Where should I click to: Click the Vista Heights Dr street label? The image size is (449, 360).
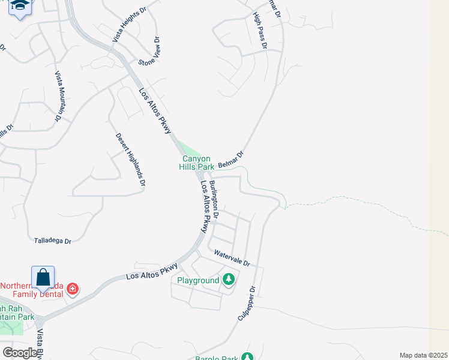(129, 25)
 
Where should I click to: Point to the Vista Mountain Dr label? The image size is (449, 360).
(59, 96)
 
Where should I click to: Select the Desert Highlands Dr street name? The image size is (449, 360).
(130, 160)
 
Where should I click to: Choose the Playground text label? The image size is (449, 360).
(198, 280)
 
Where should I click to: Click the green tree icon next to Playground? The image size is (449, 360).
(228, 280)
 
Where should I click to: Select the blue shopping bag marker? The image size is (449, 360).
(43, 278)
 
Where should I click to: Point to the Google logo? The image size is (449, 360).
(20, 353)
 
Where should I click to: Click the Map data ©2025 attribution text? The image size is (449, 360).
(423, 355)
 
